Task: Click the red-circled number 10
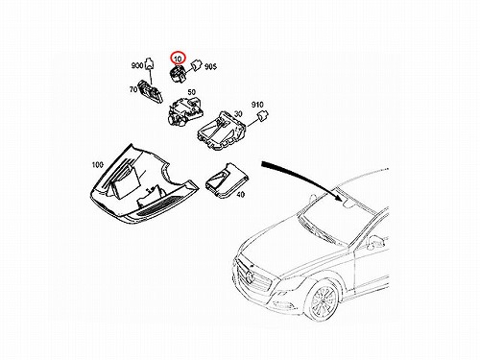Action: (178, 59)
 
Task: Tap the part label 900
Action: (137, 65)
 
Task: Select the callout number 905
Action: (210, 66)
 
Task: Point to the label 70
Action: (133, 90)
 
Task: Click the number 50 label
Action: (191, 92)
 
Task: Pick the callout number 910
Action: (257, 105)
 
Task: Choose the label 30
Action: (238, 114)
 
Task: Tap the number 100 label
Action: (98, 165)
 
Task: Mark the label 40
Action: (241, 194)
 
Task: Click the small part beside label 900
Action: (150, 63)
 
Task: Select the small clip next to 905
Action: (196, 65)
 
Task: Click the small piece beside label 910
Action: (263, 115)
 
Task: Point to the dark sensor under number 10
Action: (178, 74)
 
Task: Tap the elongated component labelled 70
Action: (151, 91)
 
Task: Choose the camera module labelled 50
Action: (185, 111)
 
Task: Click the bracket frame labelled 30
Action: (222, 131)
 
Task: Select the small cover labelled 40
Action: (228, 180)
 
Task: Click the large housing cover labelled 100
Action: (144, 184)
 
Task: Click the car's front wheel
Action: (321, 300)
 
